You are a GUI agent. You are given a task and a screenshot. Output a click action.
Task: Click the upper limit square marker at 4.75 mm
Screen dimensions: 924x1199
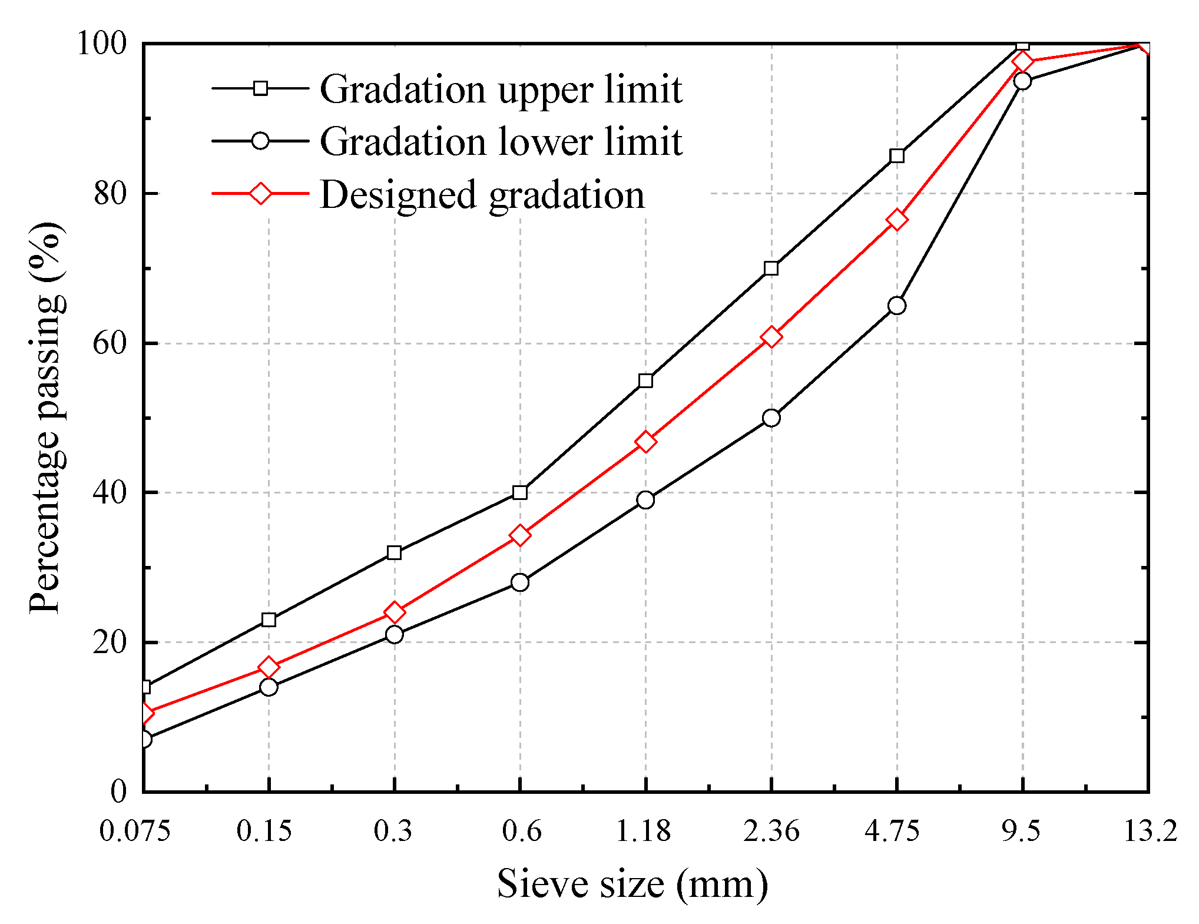(896, 156)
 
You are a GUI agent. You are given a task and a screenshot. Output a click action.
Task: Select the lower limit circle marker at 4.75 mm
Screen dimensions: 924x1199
(896, 306)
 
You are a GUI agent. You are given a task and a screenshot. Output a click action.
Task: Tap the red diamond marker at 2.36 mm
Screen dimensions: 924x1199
(771, 337)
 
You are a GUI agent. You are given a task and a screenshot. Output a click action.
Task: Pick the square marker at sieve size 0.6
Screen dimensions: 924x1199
(519, 492)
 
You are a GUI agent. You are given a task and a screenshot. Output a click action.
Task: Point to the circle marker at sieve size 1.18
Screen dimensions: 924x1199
(645, 500)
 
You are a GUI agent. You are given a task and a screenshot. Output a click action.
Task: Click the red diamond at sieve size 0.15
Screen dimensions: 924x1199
(269, 667)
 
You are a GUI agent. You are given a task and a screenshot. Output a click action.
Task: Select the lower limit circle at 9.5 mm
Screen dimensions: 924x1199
(1022, 81)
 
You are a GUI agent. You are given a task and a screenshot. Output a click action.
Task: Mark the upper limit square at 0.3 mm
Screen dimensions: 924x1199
(394, 552)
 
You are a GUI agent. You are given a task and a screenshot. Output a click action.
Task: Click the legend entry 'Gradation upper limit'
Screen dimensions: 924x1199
(501, 90)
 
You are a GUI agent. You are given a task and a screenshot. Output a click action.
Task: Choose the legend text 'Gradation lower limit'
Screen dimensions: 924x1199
(501, 142)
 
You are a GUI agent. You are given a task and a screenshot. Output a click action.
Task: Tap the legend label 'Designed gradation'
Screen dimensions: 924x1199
(482, 195)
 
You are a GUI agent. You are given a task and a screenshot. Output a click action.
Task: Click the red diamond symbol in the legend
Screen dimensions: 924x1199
(260, 193)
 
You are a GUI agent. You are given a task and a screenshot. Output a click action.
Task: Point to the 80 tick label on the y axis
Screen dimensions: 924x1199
(110, 193)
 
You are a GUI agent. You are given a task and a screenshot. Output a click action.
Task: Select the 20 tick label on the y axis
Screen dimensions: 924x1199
(110, 642)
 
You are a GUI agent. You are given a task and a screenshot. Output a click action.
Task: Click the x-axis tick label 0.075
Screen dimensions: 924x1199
(135, 831)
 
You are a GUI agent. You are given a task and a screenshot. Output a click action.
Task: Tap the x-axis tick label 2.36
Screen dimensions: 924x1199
(771, 831)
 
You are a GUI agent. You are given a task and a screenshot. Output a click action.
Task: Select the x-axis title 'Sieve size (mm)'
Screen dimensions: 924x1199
(632, 884)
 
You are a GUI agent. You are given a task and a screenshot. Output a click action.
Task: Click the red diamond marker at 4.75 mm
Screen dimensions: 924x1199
(896, 220)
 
